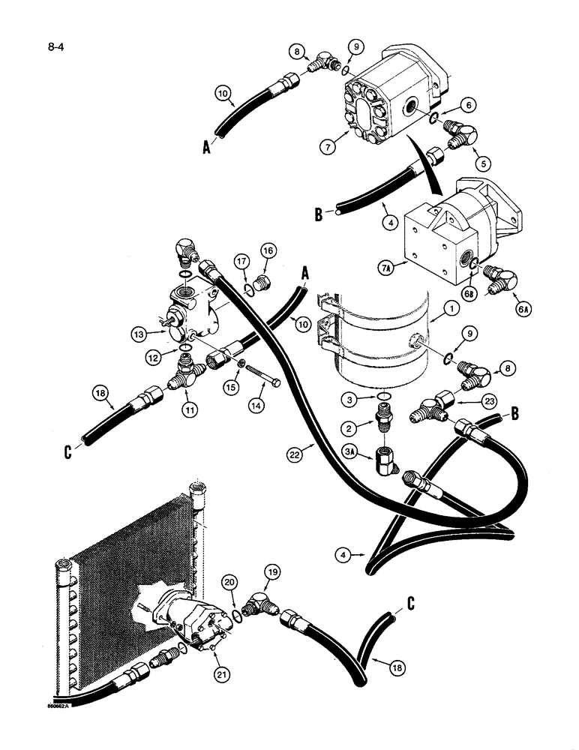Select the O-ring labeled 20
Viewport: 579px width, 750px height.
(x=237, y=616)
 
